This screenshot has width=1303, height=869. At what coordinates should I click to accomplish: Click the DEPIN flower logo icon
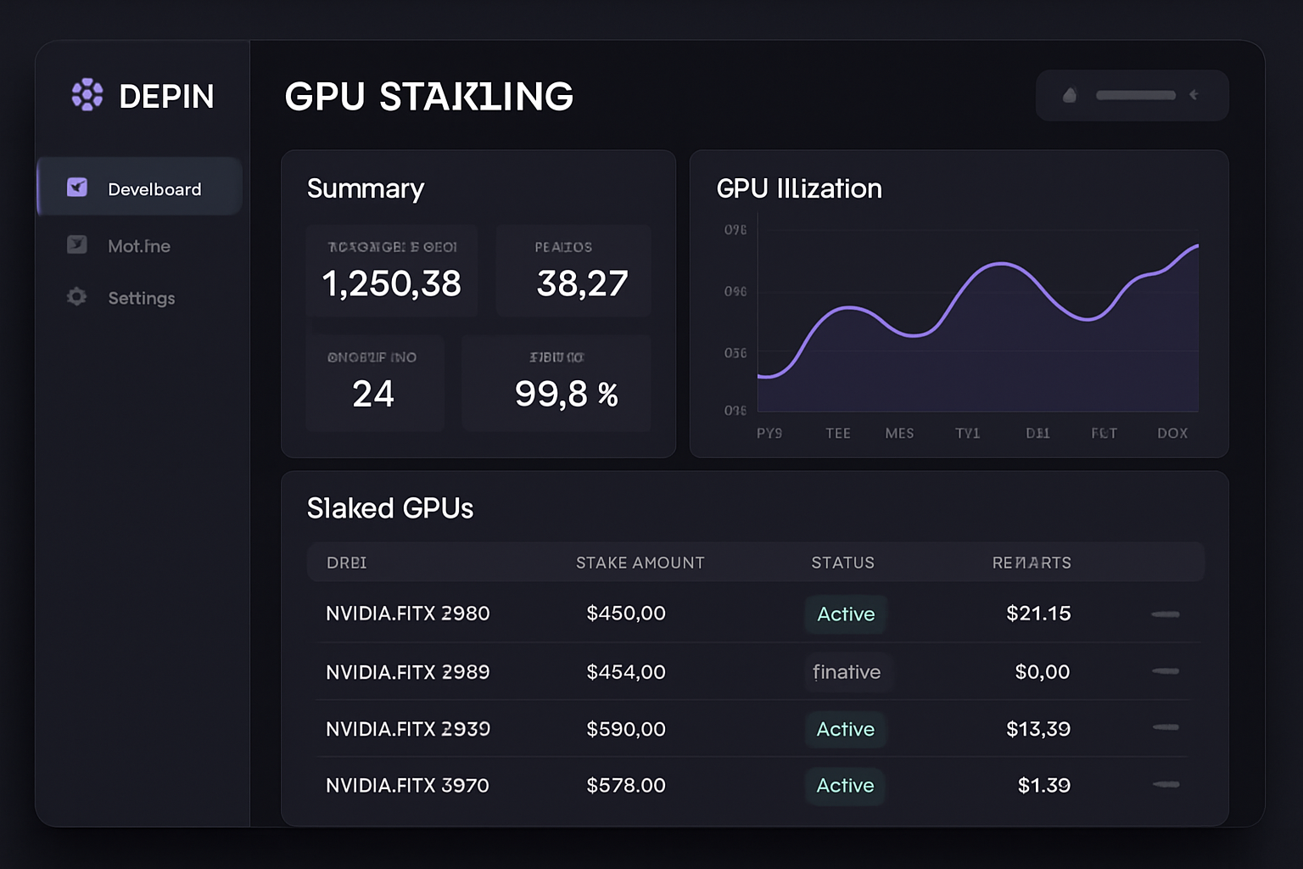(x=87, y=95)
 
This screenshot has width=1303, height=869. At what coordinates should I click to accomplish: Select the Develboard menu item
(x=154, y=189)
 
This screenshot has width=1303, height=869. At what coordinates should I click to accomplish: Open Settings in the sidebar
(x=141, y=298)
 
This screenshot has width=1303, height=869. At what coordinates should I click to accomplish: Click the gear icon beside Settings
(x=77, y=297)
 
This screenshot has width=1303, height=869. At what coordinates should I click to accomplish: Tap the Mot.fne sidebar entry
(x=138, y=246)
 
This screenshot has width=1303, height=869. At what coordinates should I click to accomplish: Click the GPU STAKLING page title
(x=428, y=97)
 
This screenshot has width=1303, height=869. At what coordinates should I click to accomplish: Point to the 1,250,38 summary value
(x=391, y=283)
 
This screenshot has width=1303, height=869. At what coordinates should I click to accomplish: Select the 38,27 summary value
(x=582, y=283)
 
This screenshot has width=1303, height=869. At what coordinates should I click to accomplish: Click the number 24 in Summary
(x=373, y=394)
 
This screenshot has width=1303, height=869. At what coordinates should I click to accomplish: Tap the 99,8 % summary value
(x=566, y=394)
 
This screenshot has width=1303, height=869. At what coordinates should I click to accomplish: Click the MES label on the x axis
(x=899, y=433)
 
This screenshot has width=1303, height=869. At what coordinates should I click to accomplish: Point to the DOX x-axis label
(x=1172, y=433)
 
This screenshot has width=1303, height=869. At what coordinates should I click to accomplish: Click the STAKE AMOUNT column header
(x=640, y=563)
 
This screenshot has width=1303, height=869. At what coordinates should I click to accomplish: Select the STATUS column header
(x=842, y=563)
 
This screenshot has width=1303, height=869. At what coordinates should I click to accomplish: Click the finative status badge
(x=847, y=672)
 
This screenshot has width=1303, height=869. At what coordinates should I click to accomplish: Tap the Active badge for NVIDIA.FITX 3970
(x=845, y=786)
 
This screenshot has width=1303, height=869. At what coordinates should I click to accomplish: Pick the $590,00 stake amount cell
(x=626, y=729)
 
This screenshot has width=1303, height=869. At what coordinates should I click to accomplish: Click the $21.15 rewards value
(x=1038, y=614)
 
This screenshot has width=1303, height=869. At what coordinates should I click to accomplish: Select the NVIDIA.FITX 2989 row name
(x=407, y=672)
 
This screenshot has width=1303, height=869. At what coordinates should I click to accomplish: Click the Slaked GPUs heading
(x=390, y=508)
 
